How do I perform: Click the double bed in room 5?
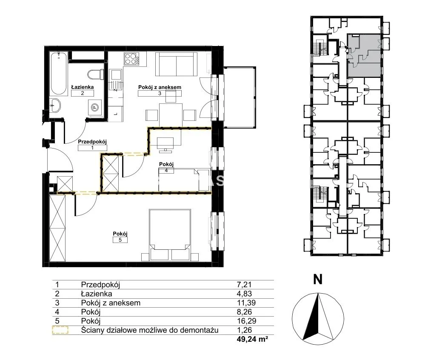170,235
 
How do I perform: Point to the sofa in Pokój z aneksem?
176,64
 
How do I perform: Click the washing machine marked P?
95,108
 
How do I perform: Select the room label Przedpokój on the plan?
92,141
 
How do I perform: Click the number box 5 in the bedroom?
120,240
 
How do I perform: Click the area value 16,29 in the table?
244,321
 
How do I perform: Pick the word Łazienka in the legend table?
97,294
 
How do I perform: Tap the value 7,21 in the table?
244,285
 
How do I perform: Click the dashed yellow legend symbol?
60,330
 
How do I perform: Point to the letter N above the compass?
318,280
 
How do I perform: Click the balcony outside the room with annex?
240,97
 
